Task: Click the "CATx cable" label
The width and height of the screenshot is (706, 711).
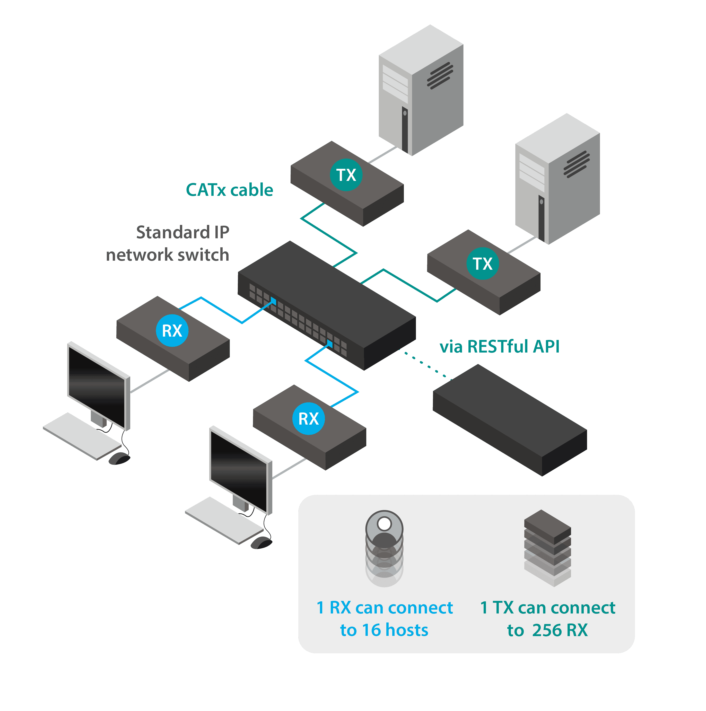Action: click(x=229, y=190)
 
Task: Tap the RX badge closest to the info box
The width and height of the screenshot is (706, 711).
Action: click(x=308, y=418)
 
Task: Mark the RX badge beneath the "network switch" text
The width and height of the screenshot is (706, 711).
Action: click(x=172, y=330)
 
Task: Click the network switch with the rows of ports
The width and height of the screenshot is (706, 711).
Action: click(x=327, y=305)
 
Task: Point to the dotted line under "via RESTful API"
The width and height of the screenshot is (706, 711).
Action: click(x=425, y=365)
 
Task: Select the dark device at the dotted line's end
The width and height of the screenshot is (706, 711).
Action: click(x=510, y=419)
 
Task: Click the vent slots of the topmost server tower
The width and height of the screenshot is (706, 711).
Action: click(x=440, y=75)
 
